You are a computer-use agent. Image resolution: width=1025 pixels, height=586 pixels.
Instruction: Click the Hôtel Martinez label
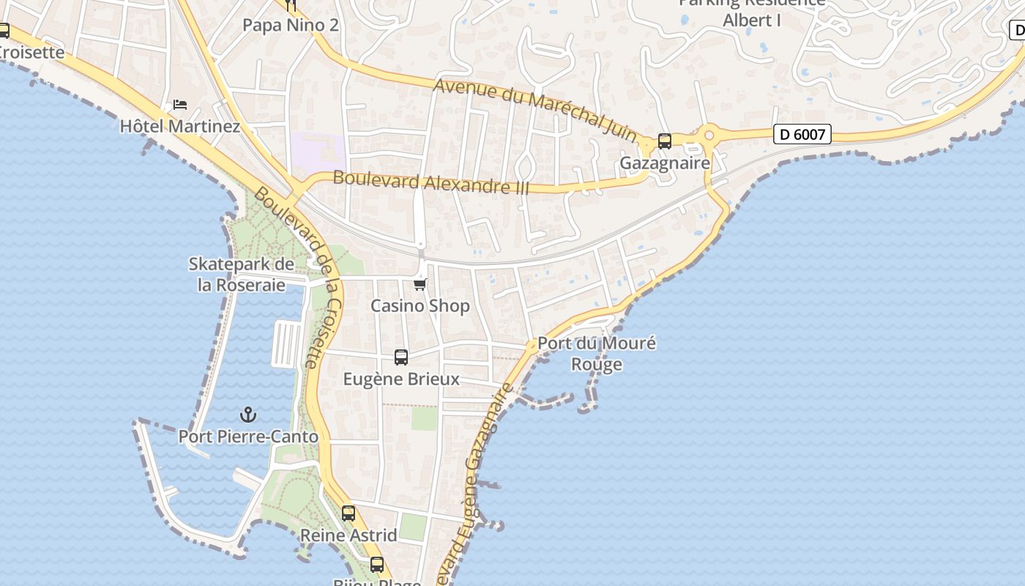click(x=180, y=126)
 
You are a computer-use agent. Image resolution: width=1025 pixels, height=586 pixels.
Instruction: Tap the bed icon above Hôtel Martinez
click(x=180, y=105)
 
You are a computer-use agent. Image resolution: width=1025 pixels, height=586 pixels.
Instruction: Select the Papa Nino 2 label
click(x=291, y=25)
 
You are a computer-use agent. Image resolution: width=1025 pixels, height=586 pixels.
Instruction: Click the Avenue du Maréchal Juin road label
click(x=535, y=107)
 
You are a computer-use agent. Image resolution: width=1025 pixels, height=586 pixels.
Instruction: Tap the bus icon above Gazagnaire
click(x=665, y=141)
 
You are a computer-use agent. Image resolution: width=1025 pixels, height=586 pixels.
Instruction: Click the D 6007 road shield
click(x=802, y=134)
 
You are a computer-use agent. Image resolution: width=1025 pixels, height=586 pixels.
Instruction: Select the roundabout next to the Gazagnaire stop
click(x=708, y=136)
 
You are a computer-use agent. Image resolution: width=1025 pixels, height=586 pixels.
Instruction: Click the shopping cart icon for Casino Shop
click(x=420, y=284)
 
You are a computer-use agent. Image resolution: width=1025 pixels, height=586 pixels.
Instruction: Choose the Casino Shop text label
click(x=420, y=305)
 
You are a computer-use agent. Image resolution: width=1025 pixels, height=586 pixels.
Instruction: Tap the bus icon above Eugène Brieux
click(x=401, y=357)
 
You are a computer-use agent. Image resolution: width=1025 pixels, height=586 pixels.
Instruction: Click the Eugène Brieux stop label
click(x=402, y=379)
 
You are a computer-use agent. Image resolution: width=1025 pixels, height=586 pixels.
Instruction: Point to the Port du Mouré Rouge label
click(x=597, y=353)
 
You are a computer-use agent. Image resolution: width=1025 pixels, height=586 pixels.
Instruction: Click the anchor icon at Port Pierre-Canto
click(x=248, y=415)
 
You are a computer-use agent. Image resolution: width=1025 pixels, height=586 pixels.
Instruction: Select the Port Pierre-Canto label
click(x=248, y=437)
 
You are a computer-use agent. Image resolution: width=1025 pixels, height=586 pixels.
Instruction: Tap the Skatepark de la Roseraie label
click(x=242, y=274)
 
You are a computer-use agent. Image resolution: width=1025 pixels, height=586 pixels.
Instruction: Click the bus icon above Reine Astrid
click(x=348, y=513)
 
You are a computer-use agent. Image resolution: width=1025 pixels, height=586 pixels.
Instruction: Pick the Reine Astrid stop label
click(x=348, y=535)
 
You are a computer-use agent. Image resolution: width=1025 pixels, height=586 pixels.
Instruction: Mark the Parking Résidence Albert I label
click(x=752, y=12)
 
